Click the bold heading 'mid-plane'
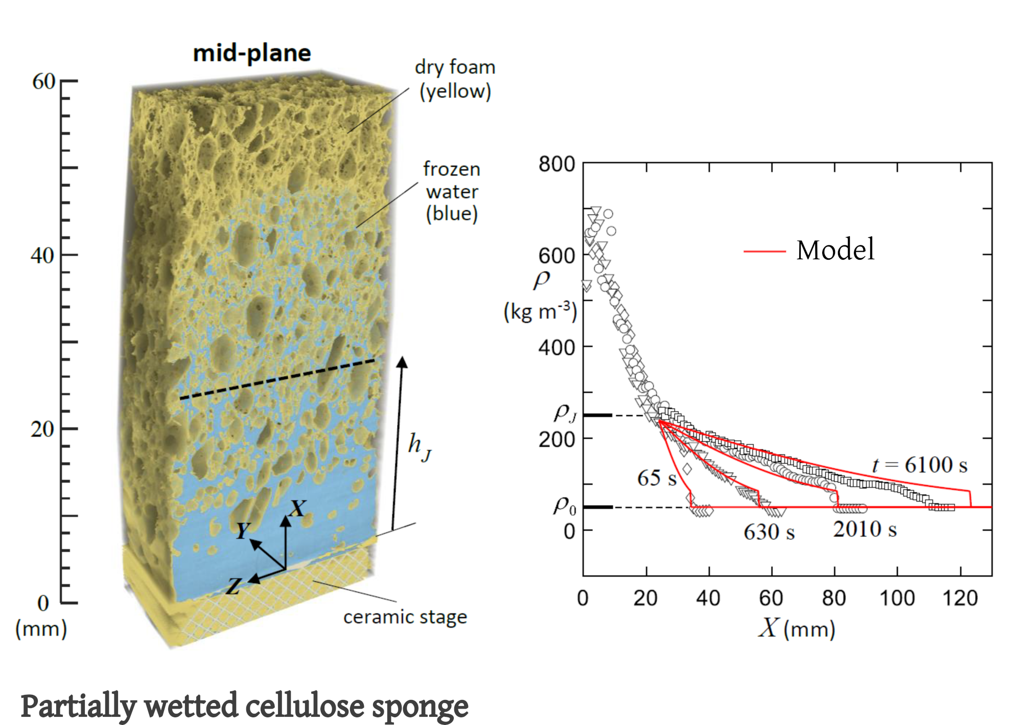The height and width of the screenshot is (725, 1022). (252, 53)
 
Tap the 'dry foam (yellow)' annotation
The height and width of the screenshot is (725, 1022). (455, 79)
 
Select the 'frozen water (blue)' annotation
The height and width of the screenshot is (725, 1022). (452, 191)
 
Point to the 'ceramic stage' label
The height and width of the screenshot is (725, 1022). (405, 617)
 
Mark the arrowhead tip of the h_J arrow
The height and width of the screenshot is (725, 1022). (403, 358)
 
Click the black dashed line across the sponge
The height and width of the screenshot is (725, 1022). (277, 379)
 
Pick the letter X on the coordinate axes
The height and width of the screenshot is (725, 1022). (297, 508)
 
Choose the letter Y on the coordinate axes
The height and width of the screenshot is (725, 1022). (243, 531)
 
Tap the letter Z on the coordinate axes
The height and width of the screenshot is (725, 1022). (234, 586)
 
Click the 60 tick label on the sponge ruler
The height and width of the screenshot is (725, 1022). (43, 82)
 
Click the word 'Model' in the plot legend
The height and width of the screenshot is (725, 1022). (835, 250)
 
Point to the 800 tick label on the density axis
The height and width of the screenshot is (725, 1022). (556, 164)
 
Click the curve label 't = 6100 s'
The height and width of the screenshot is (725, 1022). (919, 465)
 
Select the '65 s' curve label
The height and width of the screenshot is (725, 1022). (657, 479)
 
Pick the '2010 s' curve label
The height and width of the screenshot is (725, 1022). (865, 530)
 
